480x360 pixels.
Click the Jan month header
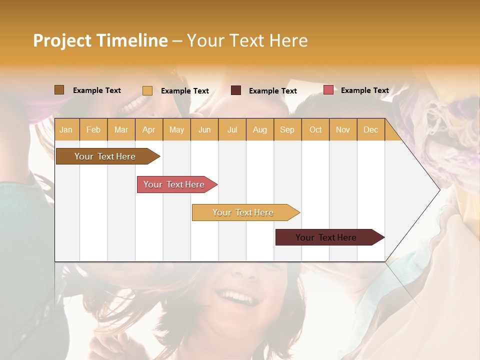tap(66, 129)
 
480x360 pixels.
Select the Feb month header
tap(93, 129)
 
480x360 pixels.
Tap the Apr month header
tap(148, 129)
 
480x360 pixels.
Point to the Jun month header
tap(204, 129)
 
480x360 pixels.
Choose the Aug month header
tap(259, 129)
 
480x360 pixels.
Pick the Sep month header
tap(287, 129)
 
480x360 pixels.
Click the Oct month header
tap(315, 129)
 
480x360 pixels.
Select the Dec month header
tap(370, 129)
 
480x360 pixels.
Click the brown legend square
tap(59, 90)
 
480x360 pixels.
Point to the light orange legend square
tap(147, 90)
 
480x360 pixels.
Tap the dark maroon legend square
tap(236, 90)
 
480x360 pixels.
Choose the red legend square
tap(328, 90)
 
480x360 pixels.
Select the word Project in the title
tap(62, 40)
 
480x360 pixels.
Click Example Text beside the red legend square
tap(364, 90)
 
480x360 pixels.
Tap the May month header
tap(176, 129)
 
